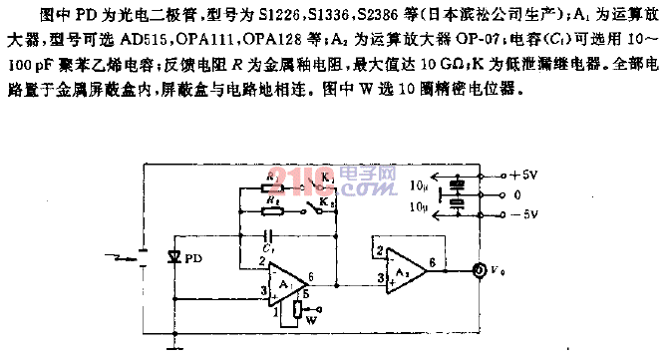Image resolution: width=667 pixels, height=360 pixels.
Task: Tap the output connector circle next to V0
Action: point(480,269)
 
